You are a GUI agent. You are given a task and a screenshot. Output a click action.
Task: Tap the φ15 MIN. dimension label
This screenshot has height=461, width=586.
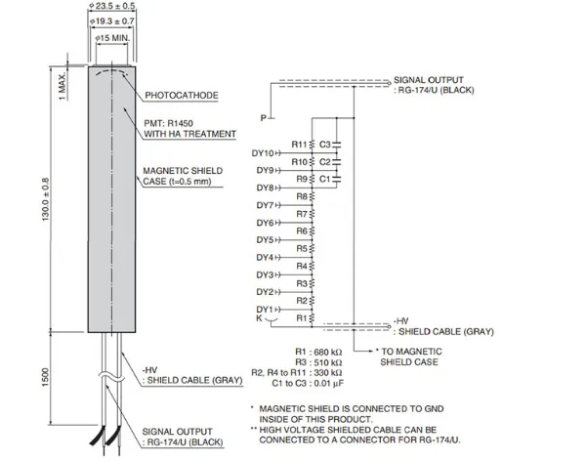(x=112, y=37)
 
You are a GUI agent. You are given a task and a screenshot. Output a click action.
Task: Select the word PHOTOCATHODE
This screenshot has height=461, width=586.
(x=182, y=96)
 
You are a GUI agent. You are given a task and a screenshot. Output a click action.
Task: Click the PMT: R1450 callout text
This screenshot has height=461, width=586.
(x=173, y=123)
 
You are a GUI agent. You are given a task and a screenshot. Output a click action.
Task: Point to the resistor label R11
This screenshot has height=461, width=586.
(x=299, y=145)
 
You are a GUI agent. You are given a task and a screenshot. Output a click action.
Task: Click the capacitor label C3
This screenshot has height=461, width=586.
(x=325, y=145)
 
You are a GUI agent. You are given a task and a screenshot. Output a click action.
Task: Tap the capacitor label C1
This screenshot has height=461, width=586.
(x=325, y=180)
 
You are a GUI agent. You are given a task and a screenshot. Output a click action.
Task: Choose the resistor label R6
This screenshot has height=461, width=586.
(x=301, y=231)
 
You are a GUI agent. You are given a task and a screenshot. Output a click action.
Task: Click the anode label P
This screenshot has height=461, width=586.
(x=262, y=118)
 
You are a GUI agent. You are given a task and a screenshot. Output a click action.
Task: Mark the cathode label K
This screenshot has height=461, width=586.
(x=259, y=319)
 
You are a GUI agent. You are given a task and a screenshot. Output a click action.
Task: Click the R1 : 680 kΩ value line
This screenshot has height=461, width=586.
(x=319, y=349)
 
